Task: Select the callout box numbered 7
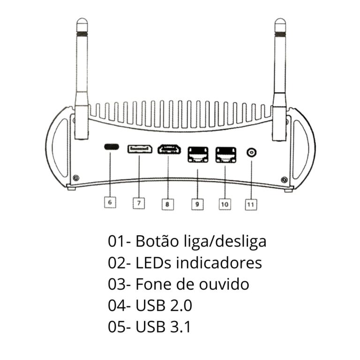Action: tap(139, 203)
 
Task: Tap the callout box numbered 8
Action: tap(167, 204)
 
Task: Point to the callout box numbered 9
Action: tap(197, 204)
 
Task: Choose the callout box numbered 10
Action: tap(225, 204)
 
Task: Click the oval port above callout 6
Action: tap(111, 146)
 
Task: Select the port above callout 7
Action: tap(140, 149)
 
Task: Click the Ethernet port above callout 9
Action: tap(197, 154)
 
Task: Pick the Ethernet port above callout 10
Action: tap(225, 154)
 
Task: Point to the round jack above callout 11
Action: tap(252, 152)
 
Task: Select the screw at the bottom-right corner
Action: tap(284, 179)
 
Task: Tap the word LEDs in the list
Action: tap(153, 262)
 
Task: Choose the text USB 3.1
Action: tap(163, 327)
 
